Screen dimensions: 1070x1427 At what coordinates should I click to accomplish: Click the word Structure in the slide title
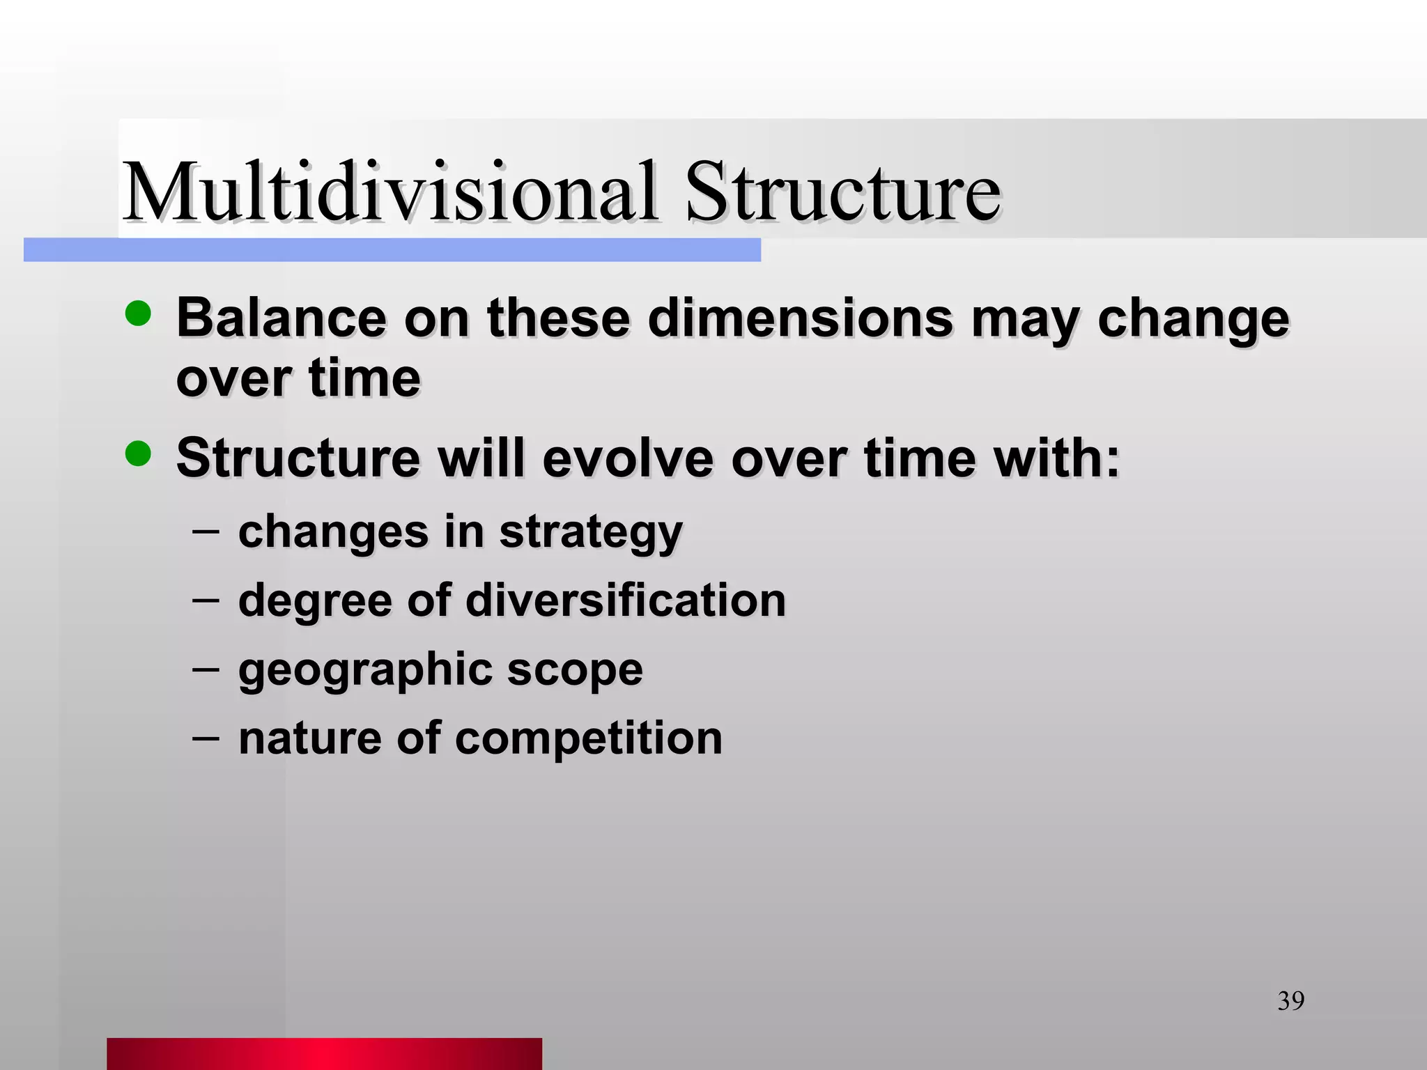click(x=842, y=191)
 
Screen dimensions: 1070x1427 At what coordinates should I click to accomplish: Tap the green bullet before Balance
click(x=138, y=313)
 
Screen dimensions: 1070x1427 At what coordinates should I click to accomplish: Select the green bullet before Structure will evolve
click(x=138, y=454)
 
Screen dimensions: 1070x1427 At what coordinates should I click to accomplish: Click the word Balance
click(x=281, y=318)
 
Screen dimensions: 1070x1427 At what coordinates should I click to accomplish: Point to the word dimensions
click(x=800, y=318)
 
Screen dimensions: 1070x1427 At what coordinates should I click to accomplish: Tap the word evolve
click(x=628, y=458)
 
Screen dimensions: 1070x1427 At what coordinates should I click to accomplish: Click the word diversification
click(x=625, y=600)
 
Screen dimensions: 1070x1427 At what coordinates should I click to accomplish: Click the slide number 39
click(x=1290, y=1001)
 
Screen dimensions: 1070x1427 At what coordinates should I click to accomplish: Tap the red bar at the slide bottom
click(x=324, y=1053)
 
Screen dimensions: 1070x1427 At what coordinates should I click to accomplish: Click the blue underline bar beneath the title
click(x=392, y=250)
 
